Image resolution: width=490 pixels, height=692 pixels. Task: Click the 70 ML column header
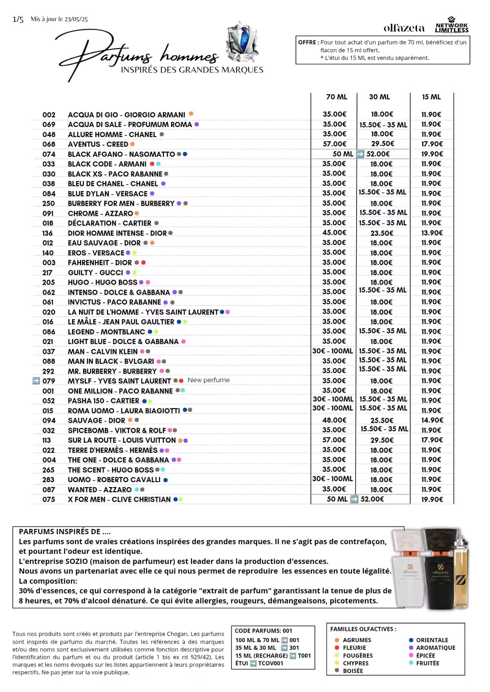pyautogui.click(x=336, y=97)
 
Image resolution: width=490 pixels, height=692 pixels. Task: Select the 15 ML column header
pyautogui.click(x=431, y=97)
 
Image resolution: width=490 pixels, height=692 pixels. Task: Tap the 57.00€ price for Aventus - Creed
pyautogui.click(x=334, y=144)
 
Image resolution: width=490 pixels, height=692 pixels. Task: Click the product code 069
pyautogui.click(x=49, y=125)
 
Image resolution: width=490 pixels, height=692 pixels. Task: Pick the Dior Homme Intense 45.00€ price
pyautogui.click(x=334, y=233)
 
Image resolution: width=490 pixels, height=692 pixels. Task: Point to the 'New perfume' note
pyautogui.click(x=209, y=380)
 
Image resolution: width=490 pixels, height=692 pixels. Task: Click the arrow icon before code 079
pyautogui.click(x=36, y=381)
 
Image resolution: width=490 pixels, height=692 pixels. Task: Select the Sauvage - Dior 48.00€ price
pyautogui.click(x=334, y=420)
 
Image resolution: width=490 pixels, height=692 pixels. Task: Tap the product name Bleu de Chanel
pyautogui.click(x=113, y=184)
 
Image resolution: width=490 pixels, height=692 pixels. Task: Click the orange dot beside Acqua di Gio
pyautogui.click(x=191, y=114)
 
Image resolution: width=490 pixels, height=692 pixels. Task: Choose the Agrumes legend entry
pyautogui.click(x=357, y=640)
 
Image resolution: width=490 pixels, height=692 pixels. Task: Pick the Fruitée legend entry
pyautogui.click(x=427, y=663)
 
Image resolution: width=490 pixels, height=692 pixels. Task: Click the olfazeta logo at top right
pyautogui.click(x=404, y=28)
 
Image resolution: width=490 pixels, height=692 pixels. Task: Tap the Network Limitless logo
pyautogui.click(x=451, y=26)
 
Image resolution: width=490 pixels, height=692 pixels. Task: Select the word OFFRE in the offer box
pyautogui.click(x=308, y=42)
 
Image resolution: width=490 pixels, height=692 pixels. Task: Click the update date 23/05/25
pyautogui.click(x=76, y=19)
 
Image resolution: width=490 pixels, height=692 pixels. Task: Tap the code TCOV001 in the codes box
pyautogui.click(x=270, y=663)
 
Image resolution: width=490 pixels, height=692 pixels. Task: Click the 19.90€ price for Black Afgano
pyautogui.click(x=432, y=154)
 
